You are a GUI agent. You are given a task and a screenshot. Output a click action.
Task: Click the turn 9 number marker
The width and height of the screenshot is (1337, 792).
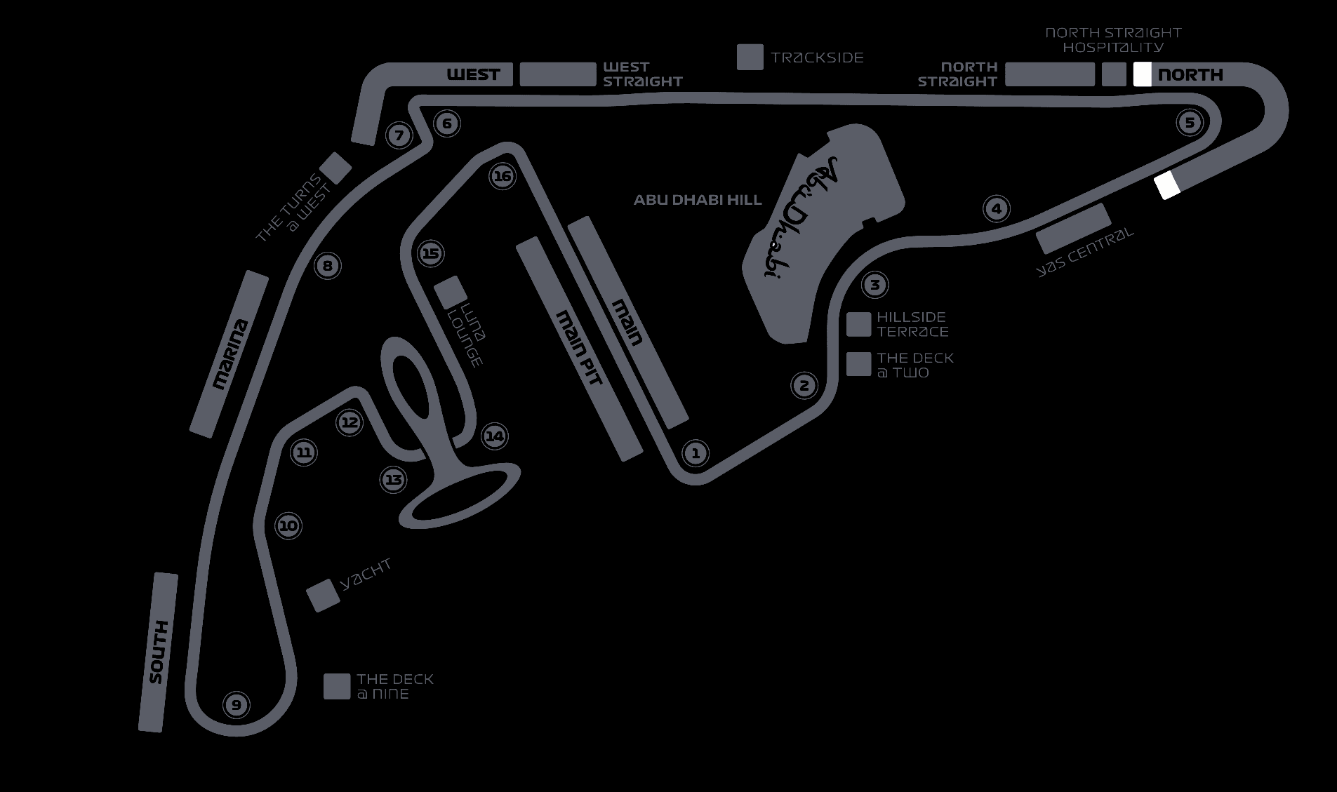(237, 704)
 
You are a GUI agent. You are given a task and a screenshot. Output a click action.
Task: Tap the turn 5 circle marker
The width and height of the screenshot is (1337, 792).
(1189, 123)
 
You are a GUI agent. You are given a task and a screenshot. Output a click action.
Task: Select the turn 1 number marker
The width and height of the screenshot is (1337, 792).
(696, 452)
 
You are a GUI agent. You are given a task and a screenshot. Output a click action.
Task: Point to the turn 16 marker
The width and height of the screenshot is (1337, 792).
(503, 176)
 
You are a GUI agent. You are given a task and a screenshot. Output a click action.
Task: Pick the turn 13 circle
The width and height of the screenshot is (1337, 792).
(393, 480)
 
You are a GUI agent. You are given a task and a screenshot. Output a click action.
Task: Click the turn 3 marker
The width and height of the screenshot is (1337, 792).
(874, 285)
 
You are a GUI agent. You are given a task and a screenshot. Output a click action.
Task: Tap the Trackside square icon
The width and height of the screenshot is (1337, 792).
(750, 58)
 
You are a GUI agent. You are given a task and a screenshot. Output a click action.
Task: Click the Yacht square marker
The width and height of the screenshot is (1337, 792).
(323, 596)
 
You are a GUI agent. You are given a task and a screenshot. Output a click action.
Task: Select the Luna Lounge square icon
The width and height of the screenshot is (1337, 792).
(450, 292)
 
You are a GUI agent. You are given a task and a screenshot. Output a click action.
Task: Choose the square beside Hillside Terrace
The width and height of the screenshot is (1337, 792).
(858, 324)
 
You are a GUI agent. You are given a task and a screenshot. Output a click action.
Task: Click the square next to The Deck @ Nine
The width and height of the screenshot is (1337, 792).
(337, 687)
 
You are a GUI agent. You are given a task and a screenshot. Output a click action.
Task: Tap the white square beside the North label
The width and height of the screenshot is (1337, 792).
(1142, 74)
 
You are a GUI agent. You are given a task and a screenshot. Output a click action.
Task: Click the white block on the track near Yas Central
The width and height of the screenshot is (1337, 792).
(1167, 185)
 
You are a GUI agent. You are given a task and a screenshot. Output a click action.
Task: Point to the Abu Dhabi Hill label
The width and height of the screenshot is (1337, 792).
(698, 200)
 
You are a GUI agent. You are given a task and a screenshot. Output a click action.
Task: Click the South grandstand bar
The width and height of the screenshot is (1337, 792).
(158, 652)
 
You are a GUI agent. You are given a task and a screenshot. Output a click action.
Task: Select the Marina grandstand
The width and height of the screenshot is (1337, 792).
(230, 354)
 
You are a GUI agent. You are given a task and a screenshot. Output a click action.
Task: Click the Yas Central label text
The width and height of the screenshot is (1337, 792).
(1085, 252)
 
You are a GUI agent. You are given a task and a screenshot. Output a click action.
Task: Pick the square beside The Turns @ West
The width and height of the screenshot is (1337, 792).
(335, 168)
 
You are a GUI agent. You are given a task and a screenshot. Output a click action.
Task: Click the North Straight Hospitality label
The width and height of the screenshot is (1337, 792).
(1113, 40)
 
